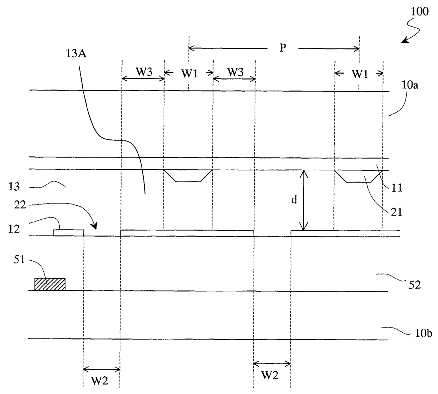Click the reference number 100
419,11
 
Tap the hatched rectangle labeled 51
50,284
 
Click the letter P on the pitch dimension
282,48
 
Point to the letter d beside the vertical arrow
294,201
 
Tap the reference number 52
415,284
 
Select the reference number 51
19,260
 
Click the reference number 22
20,205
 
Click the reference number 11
397,188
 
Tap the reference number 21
396,212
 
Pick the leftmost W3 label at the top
144,72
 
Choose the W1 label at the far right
360,74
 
